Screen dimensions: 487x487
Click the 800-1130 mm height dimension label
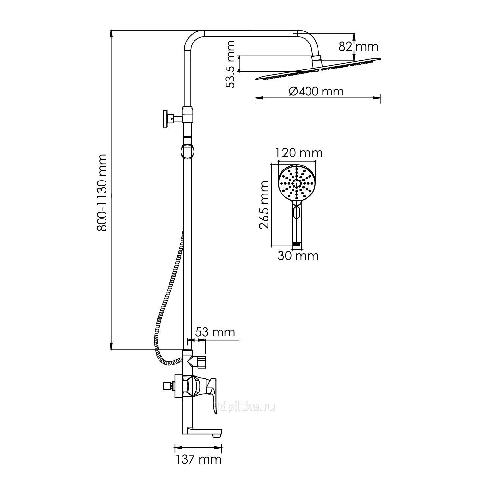[102, 192]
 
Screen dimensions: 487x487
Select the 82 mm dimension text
[358, 47]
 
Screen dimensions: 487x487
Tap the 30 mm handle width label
[298, 256]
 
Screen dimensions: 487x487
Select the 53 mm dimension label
[215, 332]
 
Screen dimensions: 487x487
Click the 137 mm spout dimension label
[198, 459]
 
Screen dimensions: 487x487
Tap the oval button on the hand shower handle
[296, 213]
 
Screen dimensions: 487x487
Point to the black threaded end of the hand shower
[296, 243]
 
